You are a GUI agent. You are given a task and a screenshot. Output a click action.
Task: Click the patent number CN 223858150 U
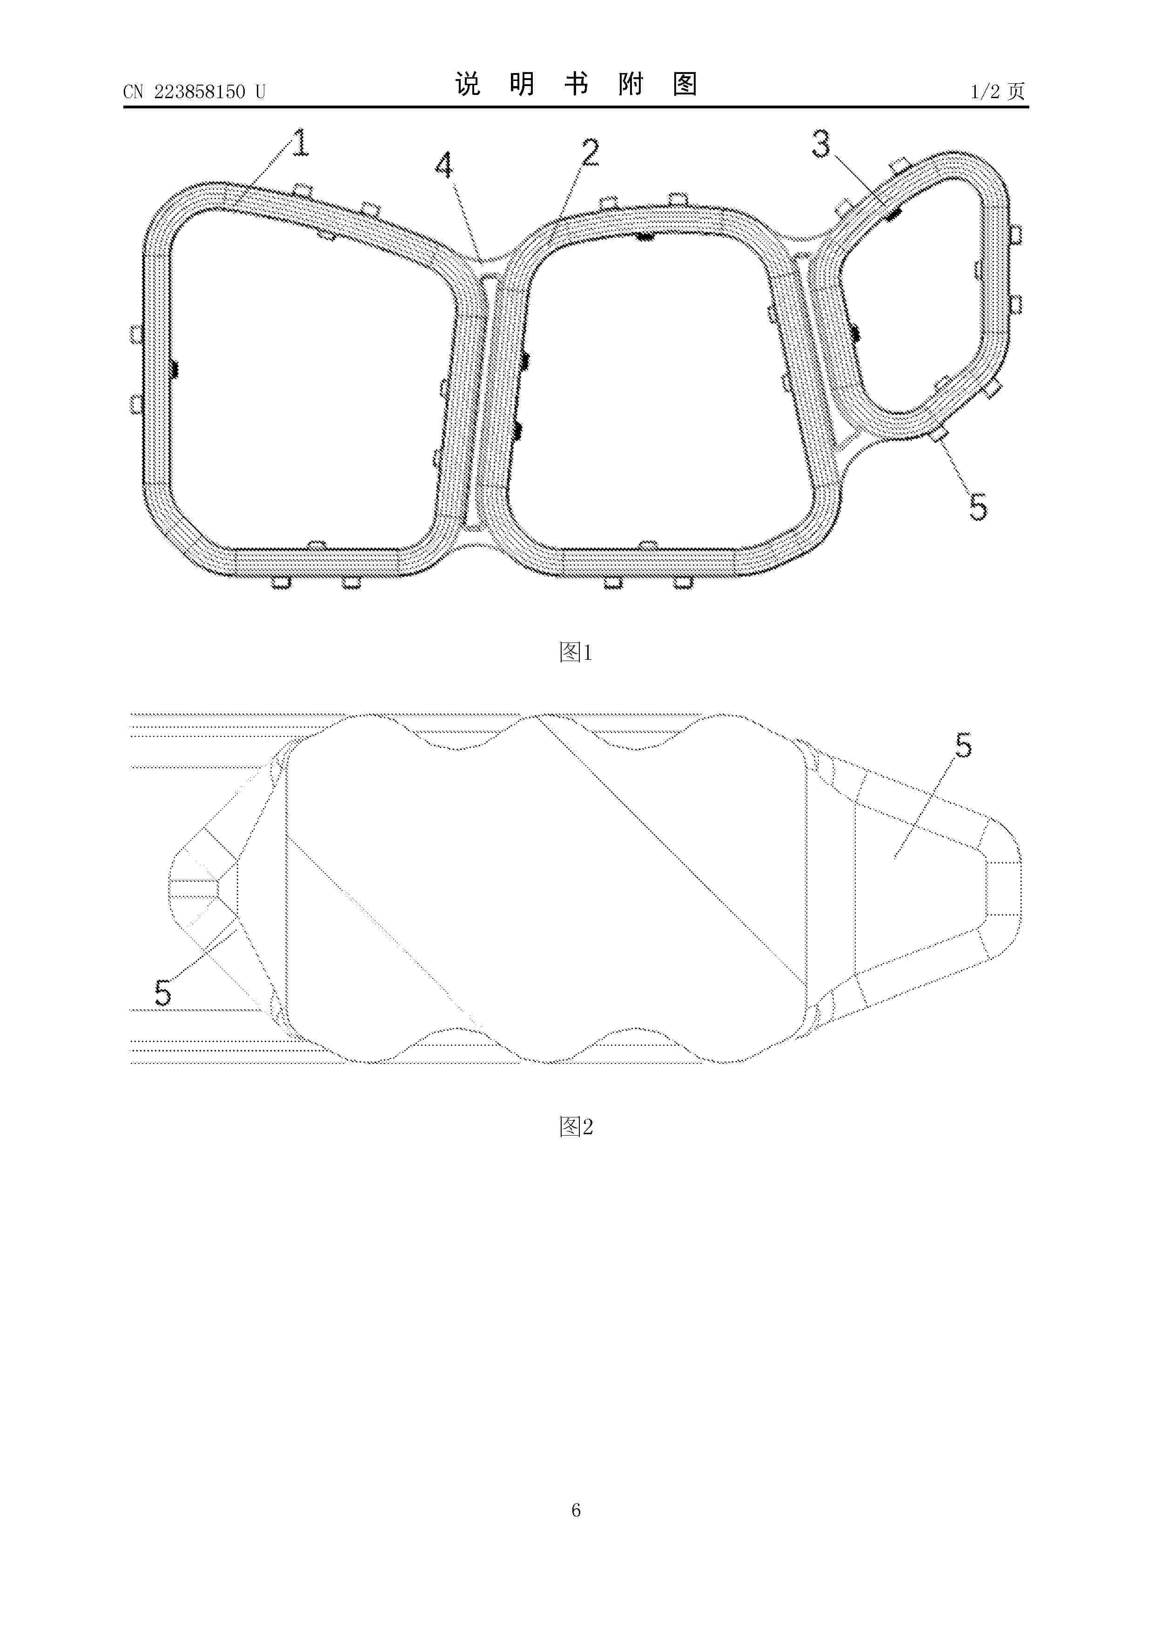click(x=194, y=92)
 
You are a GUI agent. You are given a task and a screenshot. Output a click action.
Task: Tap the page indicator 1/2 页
click(x=998, y=91)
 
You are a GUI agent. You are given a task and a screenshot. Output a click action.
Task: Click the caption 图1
click(x=576, y=652)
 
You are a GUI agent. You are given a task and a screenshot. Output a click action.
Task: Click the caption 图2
click(x=576, y=1127)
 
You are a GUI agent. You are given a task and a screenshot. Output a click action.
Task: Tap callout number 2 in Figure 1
click(x=590, y=153)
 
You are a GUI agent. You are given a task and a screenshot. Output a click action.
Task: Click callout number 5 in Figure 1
click(x=979, y=508)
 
